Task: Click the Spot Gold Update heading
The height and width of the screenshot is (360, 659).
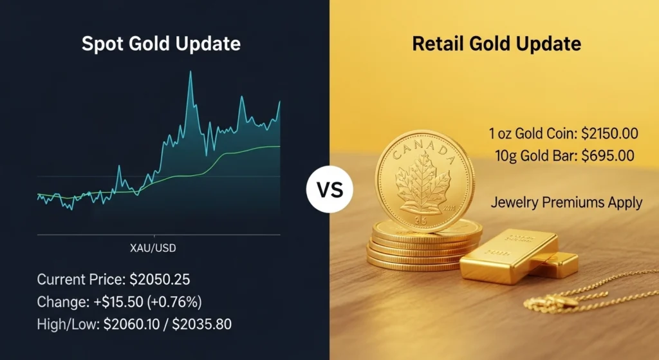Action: [x=161, y=44]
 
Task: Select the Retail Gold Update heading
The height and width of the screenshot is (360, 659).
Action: [x=496, y=44]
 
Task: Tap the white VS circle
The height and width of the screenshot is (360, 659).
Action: [x=329, y=191]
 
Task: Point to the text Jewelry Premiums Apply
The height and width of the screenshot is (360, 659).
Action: [x=566, y=202]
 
